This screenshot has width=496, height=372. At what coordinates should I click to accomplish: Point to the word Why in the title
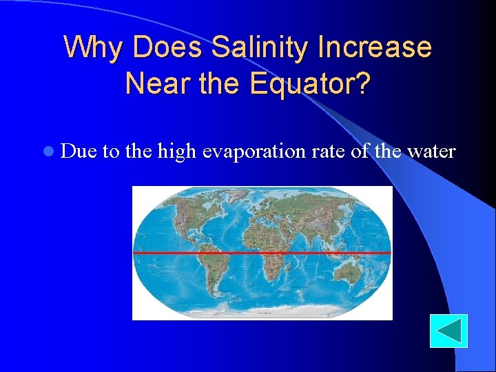click(x=94, y=48)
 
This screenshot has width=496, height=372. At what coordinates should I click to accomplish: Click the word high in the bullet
click(x=177, y=151)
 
